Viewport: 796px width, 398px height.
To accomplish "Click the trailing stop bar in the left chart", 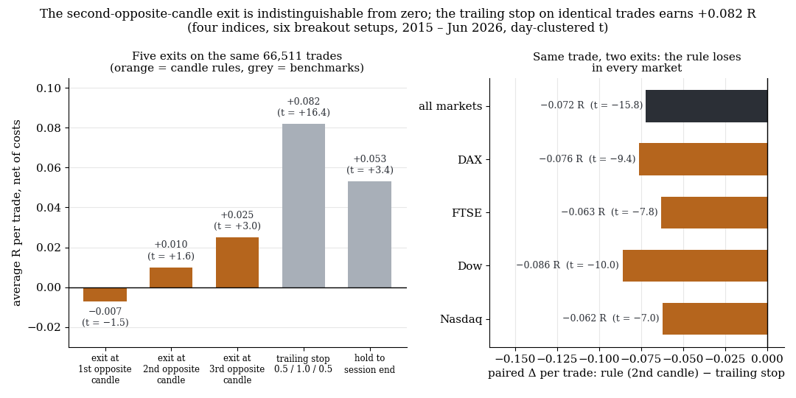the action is point(303,206).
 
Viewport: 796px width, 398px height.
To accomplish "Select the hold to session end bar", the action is point(369,234).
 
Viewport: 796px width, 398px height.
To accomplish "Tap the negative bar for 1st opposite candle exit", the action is point(105,294).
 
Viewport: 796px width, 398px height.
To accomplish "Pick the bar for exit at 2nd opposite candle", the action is point(171,278).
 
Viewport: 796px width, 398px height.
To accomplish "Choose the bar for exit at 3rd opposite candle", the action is point(237,262).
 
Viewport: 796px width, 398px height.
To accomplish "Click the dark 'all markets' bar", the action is point(707,106).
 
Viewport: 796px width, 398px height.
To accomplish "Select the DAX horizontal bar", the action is point(703,159).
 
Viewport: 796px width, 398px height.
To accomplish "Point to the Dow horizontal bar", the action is point(695,265).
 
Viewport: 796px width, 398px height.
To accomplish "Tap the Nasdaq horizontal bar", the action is point(715,319).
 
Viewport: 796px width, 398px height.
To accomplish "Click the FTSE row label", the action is point(467,213).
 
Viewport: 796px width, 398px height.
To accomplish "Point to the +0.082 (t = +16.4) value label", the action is point(303,107).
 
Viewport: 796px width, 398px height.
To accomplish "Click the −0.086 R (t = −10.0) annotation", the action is point(567,265).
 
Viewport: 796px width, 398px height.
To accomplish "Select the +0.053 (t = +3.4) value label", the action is point(369,164).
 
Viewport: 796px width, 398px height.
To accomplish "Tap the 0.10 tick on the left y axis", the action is point(50,88).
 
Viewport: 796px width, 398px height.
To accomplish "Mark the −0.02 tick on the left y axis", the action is point(45,327).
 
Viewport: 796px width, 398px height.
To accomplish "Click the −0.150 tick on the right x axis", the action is point(515,358).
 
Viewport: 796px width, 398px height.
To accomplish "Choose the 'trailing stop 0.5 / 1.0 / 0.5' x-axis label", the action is point(303,364).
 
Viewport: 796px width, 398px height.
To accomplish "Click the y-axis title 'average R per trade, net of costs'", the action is point(17,213).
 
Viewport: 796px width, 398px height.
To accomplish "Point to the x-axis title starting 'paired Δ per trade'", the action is point(636,374).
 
